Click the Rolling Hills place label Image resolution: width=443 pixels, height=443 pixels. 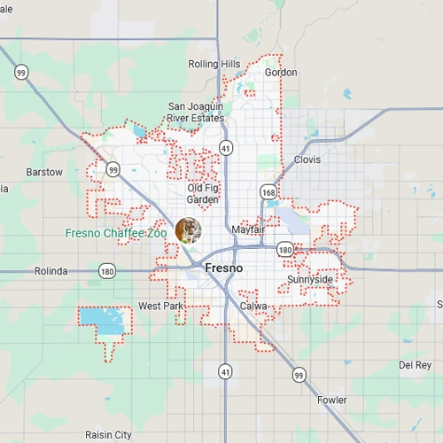click(x=214, y=64)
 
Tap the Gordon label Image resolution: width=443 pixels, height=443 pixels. click(x=281, y=73)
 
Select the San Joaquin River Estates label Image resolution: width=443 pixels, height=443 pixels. click(x=196, y=113)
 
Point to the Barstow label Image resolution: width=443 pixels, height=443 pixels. click(x=44, y=172)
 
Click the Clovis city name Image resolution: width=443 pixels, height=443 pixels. click(x=307, y=160)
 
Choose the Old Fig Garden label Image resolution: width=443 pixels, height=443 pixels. click(x=203, y=193)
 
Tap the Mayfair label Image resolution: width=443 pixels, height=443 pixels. click(x=248, y=229)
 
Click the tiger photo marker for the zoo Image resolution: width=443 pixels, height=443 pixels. click(x=188, y=230)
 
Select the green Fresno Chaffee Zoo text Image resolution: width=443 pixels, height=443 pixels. click(x=116, y=234)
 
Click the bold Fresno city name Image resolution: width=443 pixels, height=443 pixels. click(x=224, y=268)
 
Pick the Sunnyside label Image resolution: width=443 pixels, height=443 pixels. click(x=310, y=280)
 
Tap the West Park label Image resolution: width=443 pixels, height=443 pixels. click(x=160, y=307)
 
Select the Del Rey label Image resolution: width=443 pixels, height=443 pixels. click(x=415, y=365)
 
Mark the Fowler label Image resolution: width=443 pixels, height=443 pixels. click(x=332, y=400)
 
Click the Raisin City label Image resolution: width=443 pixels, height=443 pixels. click(x=108, y=435)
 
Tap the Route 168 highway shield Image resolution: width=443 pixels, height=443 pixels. click(x=268, y=191)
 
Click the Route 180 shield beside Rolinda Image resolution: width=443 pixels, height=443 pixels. click(x=107, y=271)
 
